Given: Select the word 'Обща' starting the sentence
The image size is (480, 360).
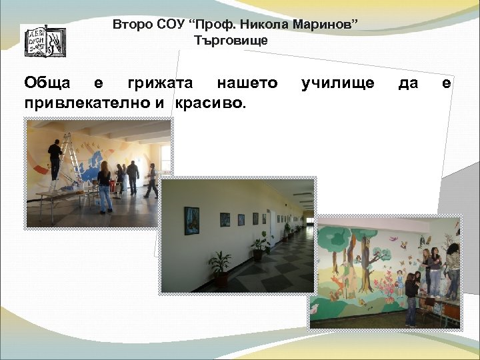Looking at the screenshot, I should [x=47, y=83].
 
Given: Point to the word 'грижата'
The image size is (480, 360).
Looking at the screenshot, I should [x=157, y=83].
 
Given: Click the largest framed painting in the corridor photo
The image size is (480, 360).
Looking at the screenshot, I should [x=192, y=221].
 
